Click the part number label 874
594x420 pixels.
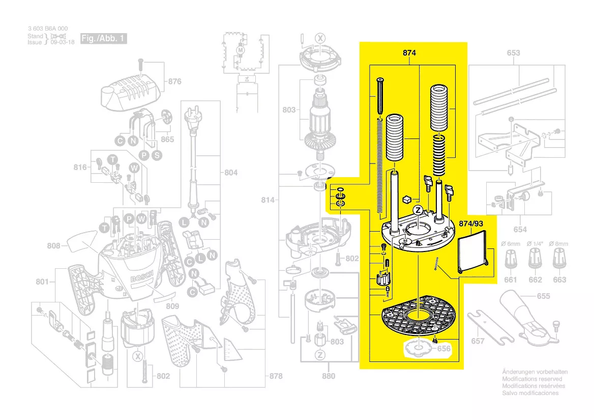pos(410,52)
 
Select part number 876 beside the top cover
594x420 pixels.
pos(174,81)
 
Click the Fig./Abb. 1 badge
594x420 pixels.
pos(103,39)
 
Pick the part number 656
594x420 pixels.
pos(444,349)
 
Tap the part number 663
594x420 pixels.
pos(559,279)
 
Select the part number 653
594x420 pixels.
pos(513,52)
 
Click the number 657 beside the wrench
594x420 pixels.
pos(478,341)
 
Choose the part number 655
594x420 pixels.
pos(544,296)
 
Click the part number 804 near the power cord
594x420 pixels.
pos(231,173)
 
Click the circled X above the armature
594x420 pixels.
pos(320,38)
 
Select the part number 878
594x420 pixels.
pos(275,376)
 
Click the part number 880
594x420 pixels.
pos(329,376)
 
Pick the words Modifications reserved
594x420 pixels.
pos(532,379)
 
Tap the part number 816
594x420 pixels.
pos(80,167)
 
